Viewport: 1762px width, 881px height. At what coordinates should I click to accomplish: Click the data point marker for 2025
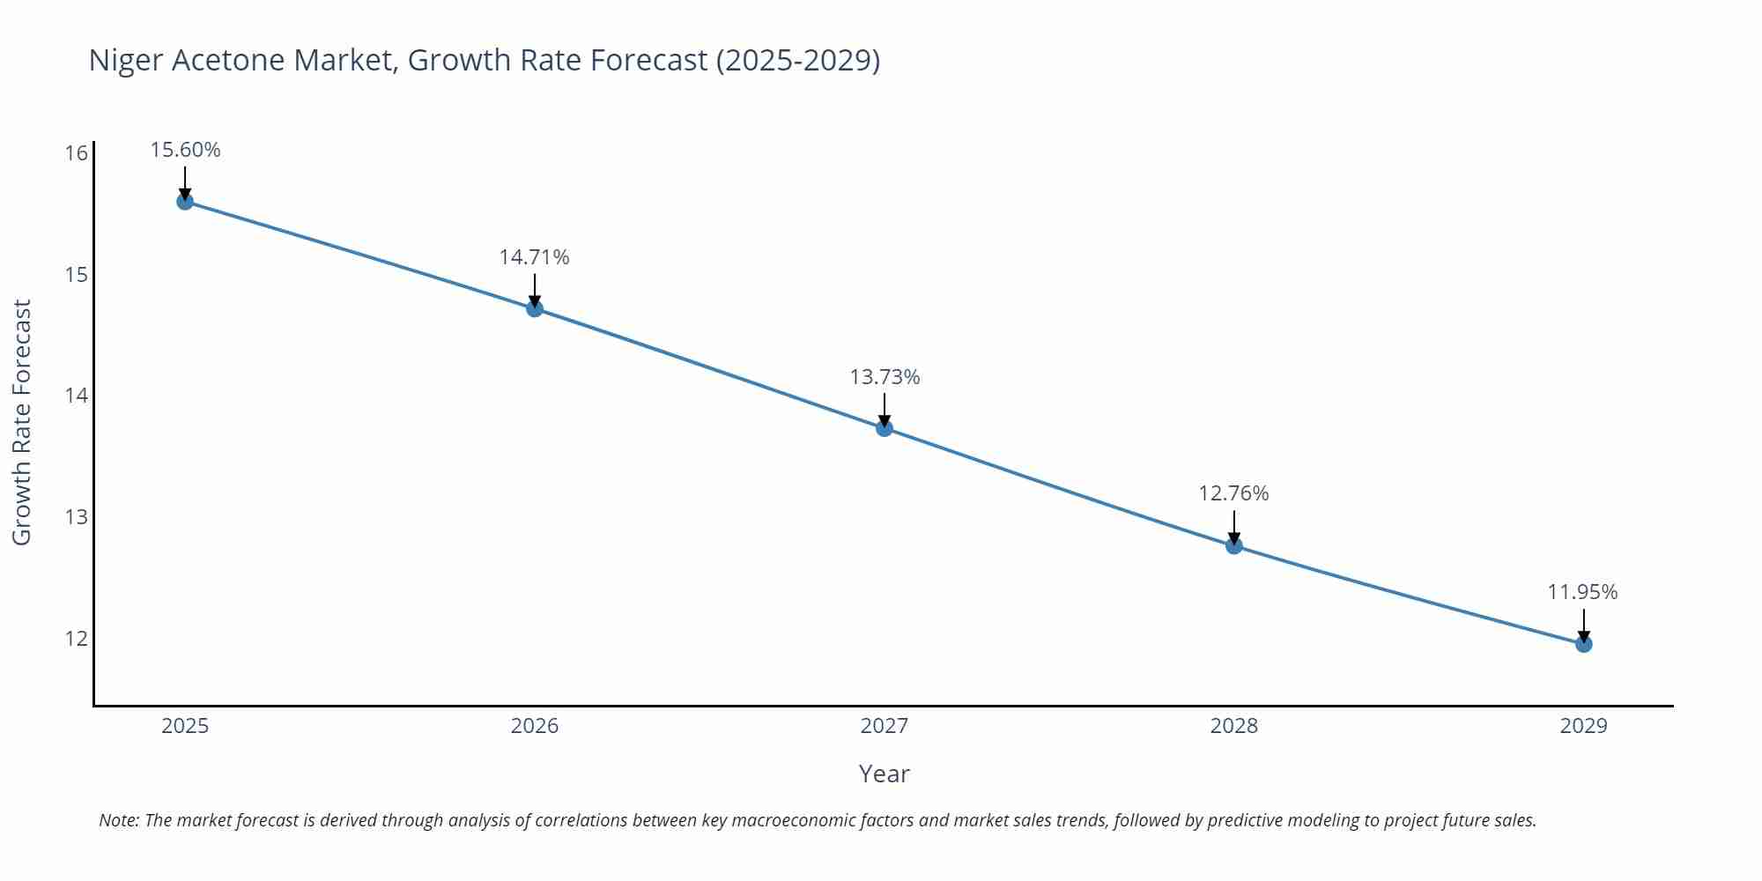(185, 202)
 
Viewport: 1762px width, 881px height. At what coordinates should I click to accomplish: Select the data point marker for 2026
(535, 308)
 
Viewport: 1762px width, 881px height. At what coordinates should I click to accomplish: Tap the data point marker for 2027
(885, 428)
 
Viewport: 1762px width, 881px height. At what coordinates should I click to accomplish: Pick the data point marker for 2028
(1234, 545)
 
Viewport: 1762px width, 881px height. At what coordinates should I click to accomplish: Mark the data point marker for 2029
(1584, 644)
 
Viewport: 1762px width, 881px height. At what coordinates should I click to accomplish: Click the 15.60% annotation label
(185, 150)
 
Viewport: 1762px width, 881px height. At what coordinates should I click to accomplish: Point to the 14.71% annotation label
(535, 257)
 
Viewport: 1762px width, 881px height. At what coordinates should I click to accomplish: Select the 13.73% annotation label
(885, 377)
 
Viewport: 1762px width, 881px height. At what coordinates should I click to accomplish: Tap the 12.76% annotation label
(1233, 493)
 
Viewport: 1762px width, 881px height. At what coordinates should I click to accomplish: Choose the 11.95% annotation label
(1583, 592)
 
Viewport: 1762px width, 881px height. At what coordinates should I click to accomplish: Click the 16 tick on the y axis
(77, 153)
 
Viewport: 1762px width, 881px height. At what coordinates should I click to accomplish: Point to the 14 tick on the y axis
(77, 396)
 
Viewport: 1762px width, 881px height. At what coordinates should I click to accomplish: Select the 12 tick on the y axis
(77, 638)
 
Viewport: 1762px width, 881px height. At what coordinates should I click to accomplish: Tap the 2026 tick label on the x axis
(535, 726)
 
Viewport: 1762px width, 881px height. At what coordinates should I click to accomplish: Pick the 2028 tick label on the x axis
(1234, 726)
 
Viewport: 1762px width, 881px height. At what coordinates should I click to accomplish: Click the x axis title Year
(884, 774)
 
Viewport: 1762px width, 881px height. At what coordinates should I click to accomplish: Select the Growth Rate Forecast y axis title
(22, 422)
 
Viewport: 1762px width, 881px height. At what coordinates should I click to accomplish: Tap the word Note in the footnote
(117, 820)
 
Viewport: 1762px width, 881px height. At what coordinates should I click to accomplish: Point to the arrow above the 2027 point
(885, 410)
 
